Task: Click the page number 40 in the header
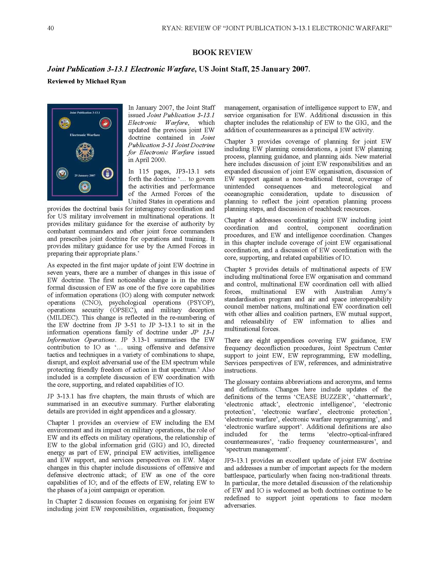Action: point(51,28)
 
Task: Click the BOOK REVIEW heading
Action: point(222,52)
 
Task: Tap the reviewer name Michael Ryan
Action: point(106,81)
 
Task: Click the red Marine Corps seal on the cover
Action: point(105,123)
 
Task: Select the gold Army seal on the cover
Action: point(64,123)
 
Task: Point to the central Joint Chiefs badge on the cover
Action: point(85,152)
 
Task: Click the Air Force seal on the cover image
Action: point(106,174)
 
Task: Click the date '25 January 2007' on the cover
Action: point(85,176)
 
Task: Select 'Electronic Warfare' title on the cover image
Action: point(85,135)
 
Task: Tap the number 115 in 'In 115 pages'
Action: point(144,171)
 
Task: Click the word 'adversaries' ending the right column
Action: point(240,506)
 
